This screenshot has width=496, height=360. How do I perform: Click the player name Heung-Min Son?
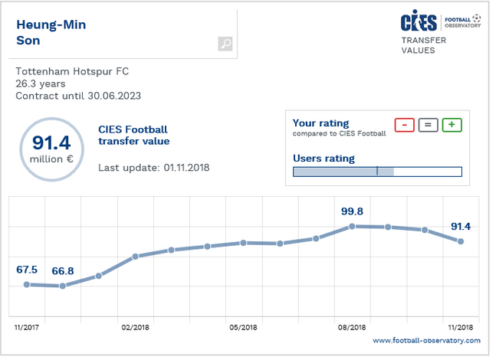coord(51,32)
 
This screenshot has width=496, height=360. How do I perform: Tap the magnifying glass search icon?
coord(225,44)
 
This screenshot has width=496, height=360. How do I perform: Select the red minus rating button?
coord(404,125)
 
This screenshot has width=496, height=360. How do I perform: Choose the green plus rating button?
coord(452,125)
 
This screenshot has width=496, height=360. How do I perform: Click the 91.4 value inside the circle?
coord(51,142)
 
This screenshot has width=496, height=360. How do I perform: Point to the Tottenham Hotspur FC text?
coord(72,72)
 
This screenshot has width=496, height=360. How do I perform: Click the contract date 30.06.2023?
coord(113,96)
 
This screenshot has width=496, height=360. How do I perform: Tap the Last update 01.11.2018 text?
coord(154,167)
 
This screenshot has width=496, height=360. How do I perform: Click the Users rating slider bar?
coord(377,172)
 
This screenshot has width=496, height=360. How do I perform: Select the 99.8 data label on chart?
coord(350,211)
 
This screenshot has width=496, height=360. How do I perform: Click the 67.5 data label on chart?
coord(27,270)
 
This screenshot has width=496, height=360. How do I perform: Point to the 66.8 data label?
coord(63,271)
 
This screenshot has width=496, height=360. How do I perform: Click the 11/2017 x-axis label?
coord(27,327)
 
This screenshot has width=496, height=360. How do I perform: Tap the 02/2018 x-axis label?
coord(135,327)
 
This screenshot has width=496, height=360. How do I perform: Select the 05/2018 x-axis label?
coord(243,327)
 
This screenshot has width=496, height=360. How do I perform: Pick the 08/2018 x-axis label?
coord(351,327)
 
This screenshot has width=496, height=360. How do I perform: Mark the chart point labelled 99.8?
coord(351,226)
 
